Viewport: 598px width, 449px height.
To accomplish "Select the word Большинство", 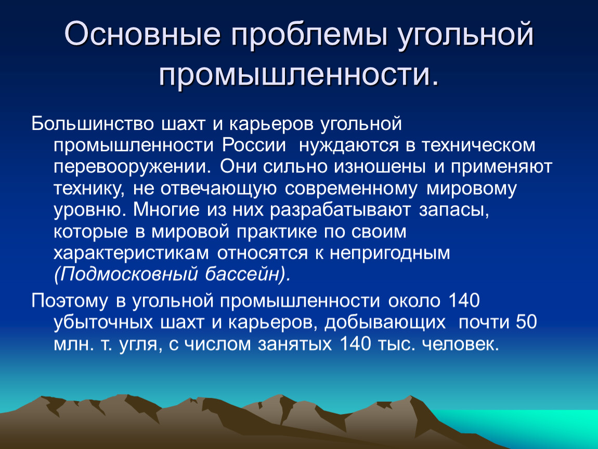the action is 93,124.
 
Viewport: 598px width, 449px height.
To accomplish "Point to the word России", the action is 254,146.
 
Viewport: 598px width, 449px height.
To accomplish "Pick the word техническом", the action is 478,146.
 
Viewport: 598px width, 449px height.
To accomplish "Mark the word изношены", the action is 380,167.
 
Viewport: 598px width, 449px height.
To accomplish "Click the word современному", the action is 351,189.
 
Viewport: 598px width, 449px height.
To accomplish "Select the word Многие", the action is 166,209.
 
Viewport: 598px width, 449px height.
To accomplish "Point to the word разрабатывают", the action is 340,210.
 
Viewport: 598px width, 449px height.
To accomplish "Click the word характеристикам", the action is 131,254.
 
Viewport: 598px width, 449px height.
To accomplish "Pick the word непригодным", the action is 390,254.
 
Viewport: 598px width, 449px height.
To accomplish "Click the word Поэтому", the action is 70,301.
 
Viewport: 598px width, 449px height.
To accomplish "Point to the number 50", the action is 526,322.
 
